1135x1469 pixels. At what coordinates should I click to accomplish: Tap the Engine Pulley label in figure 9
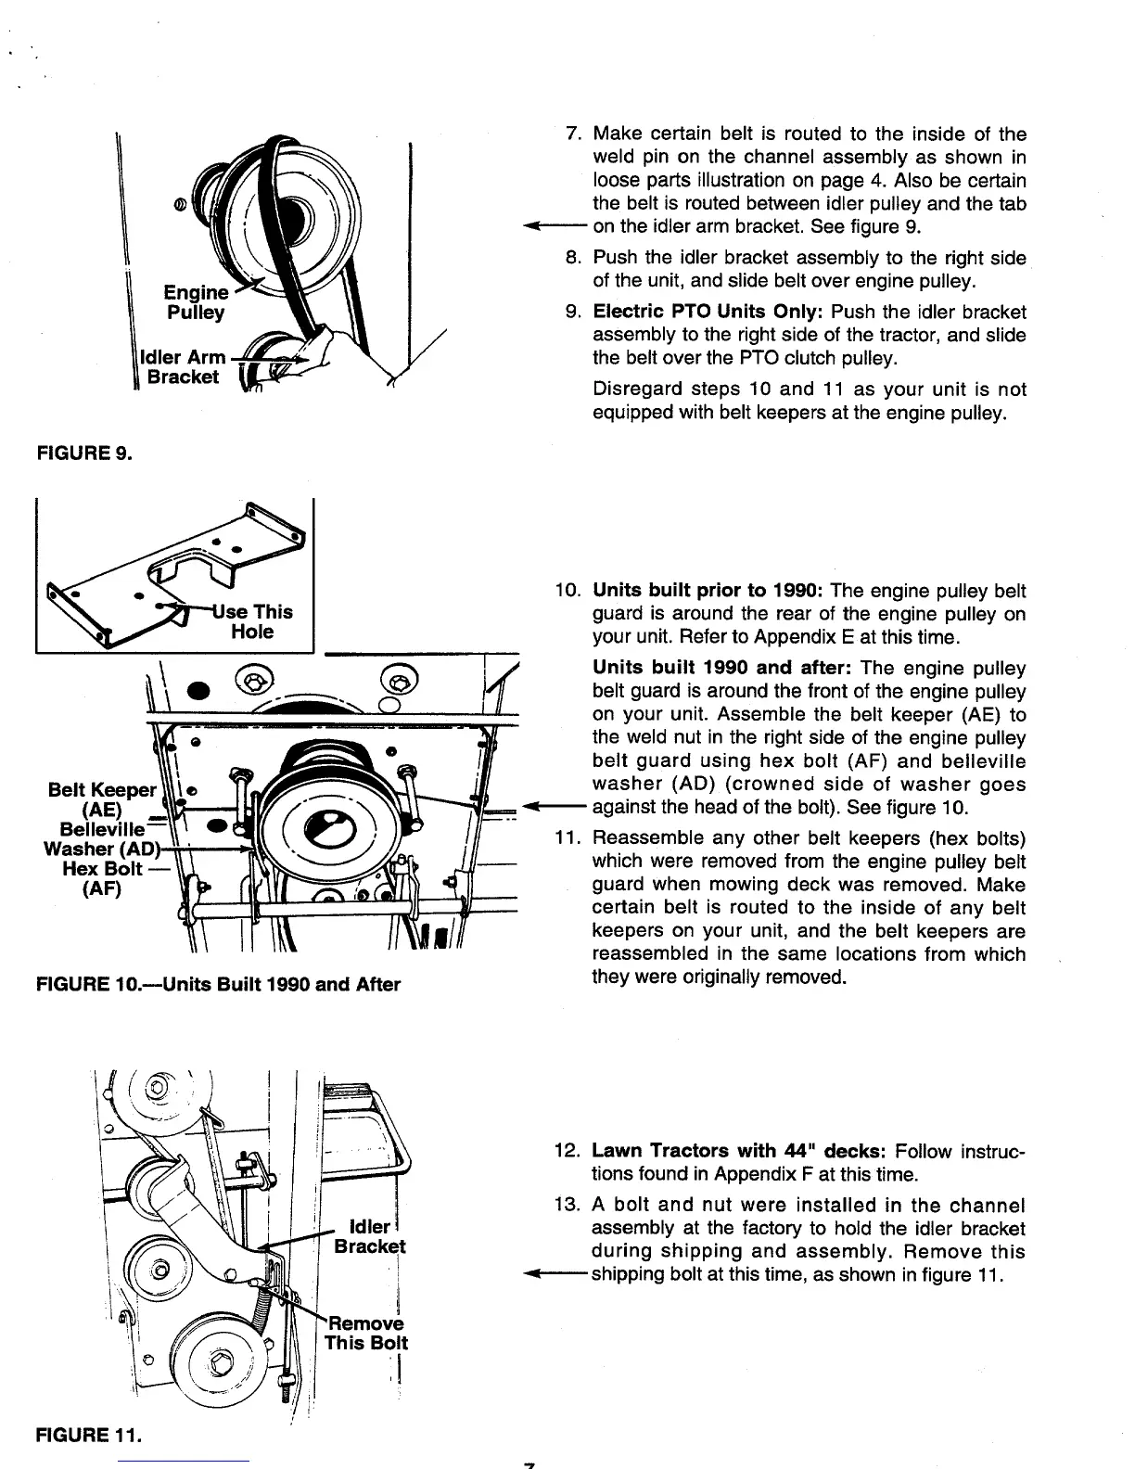pos(196,302)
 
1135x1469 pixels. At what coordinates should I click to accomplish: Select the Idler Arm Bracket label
pos(183,367)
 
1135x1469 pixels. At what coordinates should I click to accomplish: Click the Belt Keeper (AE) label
pos(102,799)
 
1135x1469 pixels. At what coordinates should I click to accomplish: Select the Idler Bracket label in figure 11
pos(369,1236)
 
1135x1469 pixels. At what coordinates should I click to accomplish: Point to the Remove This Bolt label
pos(366,1333)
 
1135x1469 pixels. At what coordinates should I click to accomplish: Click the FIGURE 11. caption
pos(88,1437)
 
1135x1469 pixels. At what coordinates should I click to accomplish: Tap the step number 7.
pos(573,135)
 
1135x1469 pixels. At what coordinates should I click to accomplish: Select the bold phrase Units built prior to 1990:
pos(708,591)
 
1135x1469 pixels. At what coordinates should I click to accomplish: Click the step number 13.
pos(566,1206)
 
